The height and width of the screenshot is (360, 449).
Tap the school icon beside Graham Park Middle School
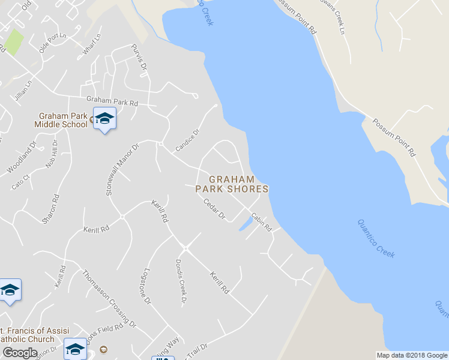click(x=104, y=118)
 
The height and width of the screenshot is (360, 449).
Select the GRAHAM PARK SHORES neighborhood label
click(x=232, y=184)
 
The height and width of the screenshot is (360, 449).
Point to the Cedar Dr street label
click(x=214, y=208)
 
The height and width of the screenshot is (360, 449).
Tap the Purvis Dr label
click(x=139, y=58)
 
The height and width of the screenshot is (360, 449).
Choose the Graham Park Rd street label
click(x=112, y=101)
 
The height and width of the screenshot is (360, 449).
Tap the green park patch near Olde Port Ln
click(x=15, y=42)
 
